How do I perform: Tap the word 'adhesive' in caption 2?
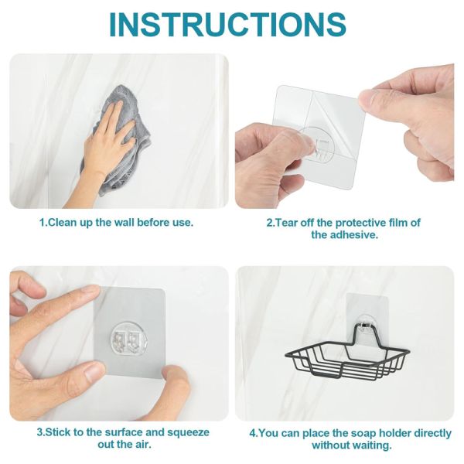355,235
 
